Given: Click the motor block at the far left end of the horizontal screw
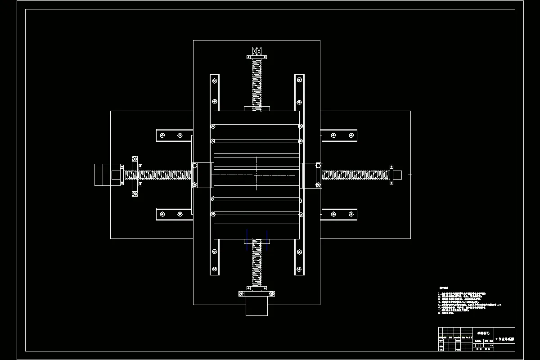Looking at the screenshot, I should (103, 175).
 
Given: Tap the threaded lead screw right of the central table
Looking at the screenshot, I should (355, 175).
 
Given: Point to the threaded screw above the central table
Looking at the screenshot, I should (257, 83).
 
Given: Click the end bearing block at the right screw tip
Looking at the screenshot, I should (396, 175).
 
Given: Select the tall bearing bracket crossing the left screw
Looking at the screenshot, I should (134, 175).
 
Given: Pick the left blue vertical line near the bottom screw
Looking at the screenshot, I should (247, 238).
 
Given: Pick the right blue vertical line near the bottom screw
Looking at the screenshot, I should (267, 238).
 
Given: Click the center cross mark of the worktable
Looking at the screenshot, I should (256, 174).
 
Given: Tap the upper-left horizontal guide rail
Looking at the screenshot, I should (175, 135).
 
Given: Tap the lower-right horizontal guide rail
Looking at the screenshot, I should (339, 214).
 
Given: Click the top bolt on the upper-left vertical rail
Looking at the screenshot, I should (214, 81).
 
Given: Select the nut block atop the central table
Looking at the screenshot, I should (257, 108).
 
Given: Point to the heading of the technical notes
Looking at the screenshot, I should (444, 288).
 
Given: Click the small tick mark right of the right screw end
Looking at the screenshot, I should (409, 175).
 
